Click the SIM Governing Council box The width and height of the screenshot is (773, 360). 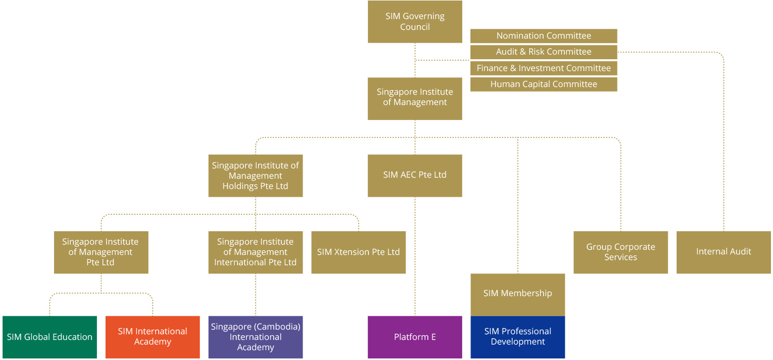click(415, 22)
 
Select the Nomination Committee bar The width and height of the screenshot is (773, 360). click(544, 36)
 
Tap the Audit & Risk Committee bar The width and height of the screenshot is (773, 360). click(544, 52)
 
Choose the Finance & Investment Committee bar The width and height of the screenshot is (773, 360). click(544, 68)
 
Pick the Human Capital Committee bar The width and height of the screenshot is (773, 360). click(544, 84)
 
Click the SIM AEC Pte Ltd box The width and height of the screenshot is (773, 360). click(415, 175)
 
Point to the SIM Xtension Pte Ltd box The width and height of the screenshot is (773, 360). click(359, 252)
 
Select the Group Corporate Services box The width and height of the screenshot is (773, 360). click(620, 252)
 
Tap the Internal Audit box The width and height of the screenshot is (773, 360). click(724, 252)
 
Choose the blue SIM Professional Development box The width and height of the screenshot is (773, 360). click(517, 337)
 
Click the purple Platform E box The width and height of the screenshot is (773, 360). click(415, 337)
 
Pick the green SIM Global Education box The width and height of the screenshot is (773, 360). click(49, 337)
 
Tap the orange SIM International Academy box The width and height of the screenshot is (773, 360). click(153, 337)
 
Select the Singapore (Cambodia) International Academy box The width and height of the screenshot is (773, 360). click(256, 337)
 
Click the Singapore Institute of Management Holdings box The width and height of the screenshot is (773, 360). click(256, 176)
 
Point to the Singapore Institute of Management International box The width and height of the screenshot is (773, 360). click(256, 252)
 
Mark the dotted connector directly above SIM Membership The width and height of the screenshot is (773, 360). click(517, 206)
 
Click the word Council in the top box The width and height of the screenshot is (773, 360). click(415, 27)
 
